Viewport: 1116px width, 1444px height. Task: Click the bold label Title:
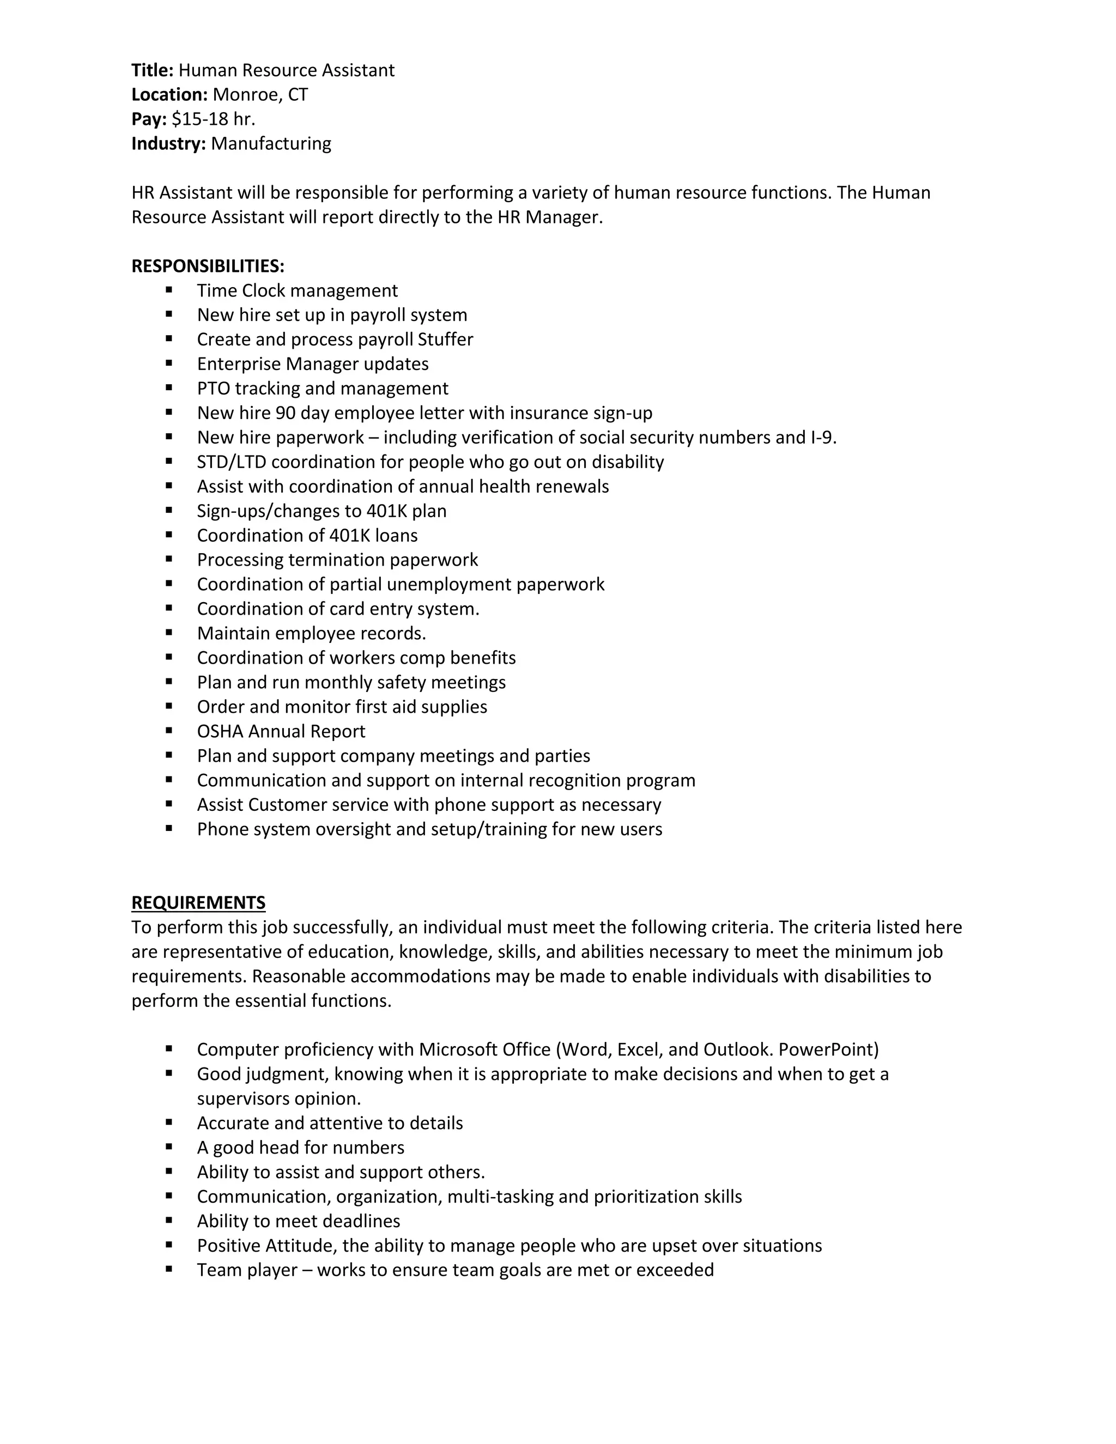pyautogui.click(x=152, y=70)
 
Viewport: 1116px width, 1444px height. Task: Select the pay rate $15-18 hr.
pyautogui.click(x=213, y=119)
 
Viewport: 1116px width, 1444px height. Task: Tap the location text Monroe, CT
pyautogui.click(x=260, y=95)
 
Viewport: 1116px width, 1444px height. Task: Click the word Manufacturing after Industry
pyautogui.click(x=271, y=143)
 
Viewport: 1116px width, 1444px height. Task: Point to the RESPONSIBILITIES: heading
pyautogui.click(x=208, y=266)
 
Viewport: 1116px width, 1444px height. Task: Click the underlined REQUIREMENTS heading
pyautogui.click(x=198, y=902)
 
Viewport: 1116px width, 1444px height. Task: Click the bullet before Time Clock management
pyautogui.click(x=169, y=289)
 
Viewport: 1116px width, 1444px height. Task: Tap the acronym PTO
pyautogui.click(x=213, y=388)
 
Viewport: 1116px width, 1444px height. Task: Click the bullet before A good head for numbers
pyautogui.click(x=169, y=1146)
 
